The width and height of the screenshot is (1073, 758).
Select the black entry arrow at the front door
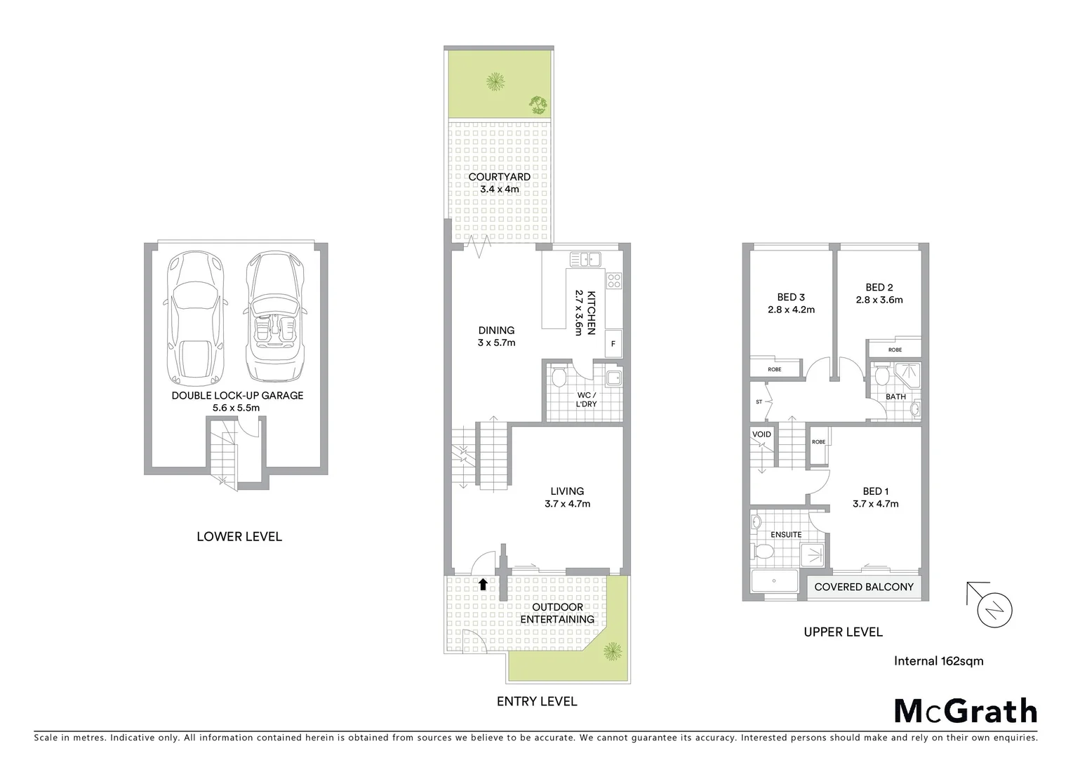tap(483, 583)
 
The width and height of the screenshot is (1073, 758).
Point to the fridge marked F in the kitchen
tap(613, 344)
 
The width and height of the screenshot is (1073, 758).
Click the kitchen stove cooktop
tap(614, 281)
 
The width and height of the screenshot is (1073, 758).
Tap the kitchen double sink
tap(586, 260)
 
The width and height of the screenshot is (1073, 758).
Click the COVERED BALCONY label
tap(863, 587)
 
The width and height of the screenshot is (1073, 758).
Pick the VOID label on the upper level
tap(761, 434)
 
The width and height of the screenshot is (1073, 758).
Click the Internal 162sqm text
tap(938, 660)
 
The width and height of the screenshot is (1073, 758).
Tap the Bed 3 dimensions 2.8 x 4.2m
tap(790, 310)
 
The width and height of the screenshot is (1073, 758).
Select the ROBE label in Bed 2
tap(895, 350)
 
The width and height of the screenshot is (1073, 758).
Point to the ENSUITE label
tap(786, 535)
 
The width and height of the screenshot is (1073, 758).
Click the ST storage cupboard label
tap(759, 402)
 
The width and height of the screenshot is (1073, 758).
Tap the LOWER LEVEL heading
tap(239, 537)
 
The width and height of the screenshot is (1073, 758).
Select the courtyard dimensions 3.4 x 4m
tap(500, 189)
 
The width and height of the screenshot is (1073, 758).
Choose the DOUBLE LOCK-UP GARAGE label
tap(237, 396)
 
